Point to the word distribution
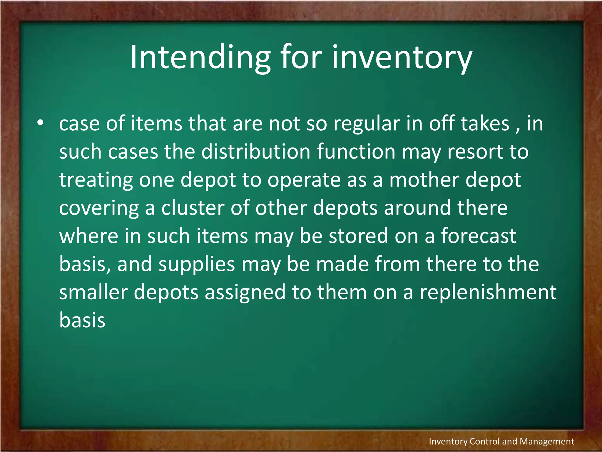[256, 152]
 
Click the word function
[356, 152]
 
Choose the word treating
[96, 180]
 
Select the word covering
[99, 208]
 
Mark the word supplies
[197, 265]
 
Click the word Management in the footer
[547, 441]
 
